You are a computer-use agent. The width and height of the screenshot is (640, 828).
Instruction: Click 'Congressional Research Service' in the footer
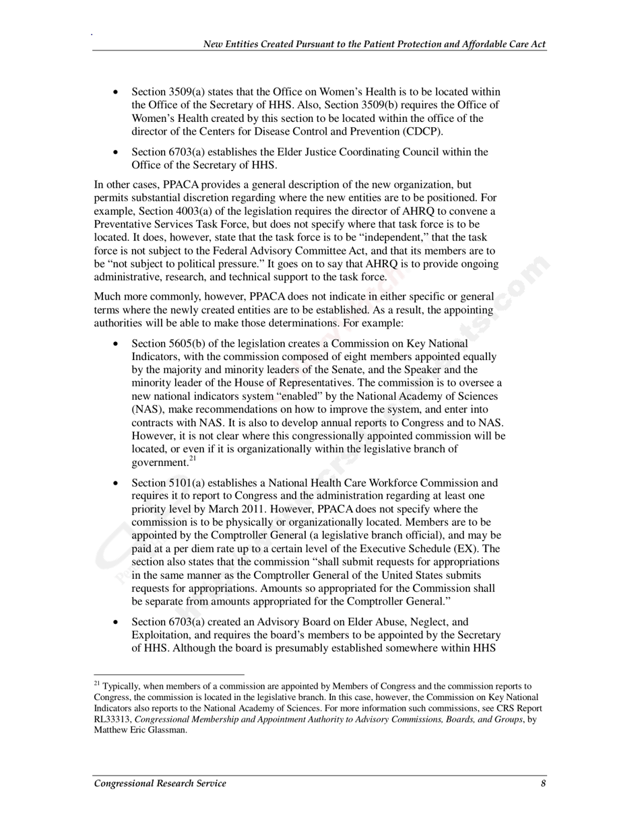pos(160,783)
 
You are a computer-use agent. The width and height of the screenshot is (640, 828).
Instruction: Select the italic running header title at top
pos(375,44)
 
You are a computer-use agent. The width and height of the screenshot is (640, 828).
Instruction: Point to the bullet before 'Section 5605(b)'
pos(117,344)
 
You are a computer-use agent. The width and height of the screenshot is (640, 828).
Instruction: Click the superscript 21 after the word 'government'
pos(192,459)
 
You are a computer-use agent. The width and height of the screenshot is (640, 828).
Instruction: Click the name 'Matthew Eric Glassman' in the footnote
pos(140,730)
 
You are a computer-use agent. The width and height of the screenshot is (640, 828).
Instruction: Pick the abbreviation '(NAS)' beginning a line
pos(146,409)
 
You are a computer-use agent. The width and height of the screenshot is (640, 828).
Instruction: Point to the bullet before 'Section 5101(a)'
pos(117,483)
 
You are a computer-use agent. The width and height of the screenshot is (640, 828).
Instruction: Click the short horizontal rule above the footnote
pos(168,675)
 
